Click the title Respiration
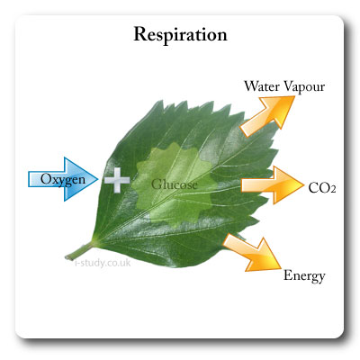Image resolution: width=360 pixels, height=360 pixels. (x=180, y=36)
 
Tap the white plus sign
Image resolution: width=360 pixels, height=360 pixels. (x=116, y=180)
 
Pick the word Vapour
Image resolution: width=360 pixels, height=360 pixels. (x=304, y=85)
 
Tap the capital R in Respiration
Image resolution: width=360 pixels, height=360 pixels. (x=139, y=36)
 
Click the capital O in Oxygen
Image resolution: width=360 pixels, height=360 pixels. (x=45, y=178)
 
